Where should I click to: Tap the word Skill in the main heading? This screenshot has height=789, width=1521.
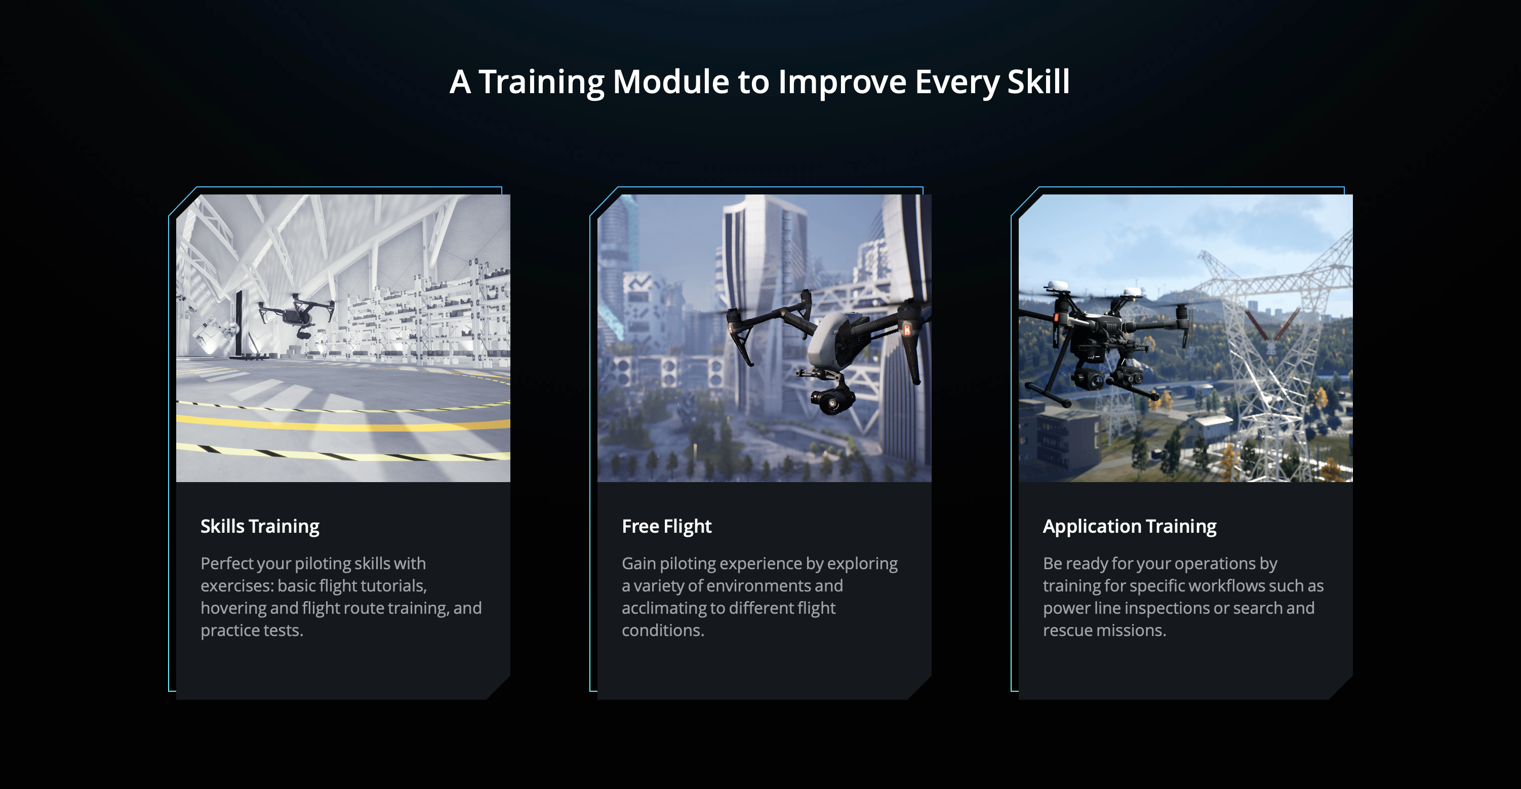point(1038,82)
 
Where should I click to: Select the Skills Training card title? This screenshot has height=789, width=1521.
point(260,526)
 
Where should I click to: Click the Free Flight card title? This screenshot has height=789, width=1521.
point(667,526)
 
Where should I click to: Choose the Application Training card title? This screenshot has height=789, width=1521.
point(1130,526)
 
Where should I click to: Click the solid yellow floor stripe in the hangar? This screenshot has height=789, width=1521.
point(342,423)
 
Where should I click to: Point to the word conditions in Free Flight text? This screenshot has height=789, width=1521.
point(663,630)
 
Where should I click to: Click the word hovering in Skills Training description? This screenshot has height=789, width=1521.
point(234,608)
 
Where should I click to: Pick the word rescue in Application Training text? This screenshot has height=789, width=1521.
point(1067,630)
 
